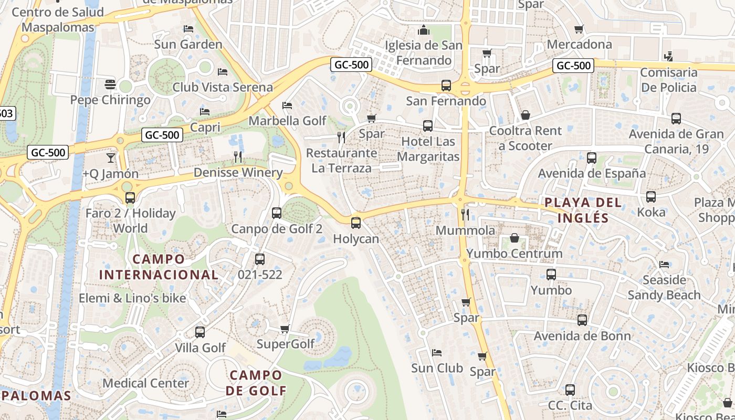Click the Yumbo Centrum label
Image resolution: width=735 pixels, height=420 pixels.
[514, 254]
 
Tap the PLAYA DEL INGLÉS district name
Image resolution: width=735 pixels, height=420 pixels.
[583, 210]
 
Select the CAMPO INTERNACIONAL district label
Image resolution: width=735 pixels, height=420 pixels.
[159, 267]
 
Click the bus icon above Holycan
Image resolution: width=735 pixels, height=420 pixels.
[356, 223]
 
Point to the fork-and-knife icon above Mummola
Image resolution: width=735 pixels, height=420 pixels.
[465, 214]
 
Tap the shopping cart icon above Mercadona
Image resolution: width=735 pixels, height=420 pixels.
[579, 29]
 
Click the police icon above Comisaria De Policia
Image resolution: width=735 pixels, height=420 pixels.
[668, 56]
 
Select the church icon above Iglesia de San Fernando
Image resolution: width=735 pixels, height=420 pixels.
[424, 30]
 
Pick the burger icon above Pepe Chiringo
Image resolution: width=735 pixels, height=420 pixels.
[110, 84]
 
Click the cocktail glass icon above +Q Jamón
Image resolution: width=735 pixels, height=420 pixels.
[110, 157]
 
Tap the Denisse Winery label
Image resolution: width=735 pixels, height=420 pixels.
[238, 172]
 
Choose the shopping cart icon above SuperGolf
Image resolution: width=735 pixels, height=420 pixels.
[285, 329]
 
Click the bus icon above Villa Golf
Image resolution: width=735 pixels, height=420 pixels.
[200, 332]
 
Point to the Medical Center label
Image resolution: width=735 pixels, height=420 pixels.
[145, 383]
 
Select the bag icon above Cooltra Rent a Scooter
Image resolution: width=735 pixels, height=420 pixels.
[525, 115]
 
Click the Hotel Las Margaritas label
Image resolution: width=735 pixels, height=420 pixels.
[428, 149]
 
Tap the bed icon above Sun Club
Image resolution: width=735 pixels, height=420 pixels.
[437, 352]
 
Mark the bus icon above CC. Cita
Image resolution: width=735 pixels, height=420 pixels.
[570, 390]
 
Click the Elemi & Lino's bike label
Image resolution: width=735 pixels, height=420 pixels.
[132, 298]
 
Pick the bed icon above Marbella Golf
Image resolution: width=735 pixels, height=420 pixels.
[287, 106]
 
